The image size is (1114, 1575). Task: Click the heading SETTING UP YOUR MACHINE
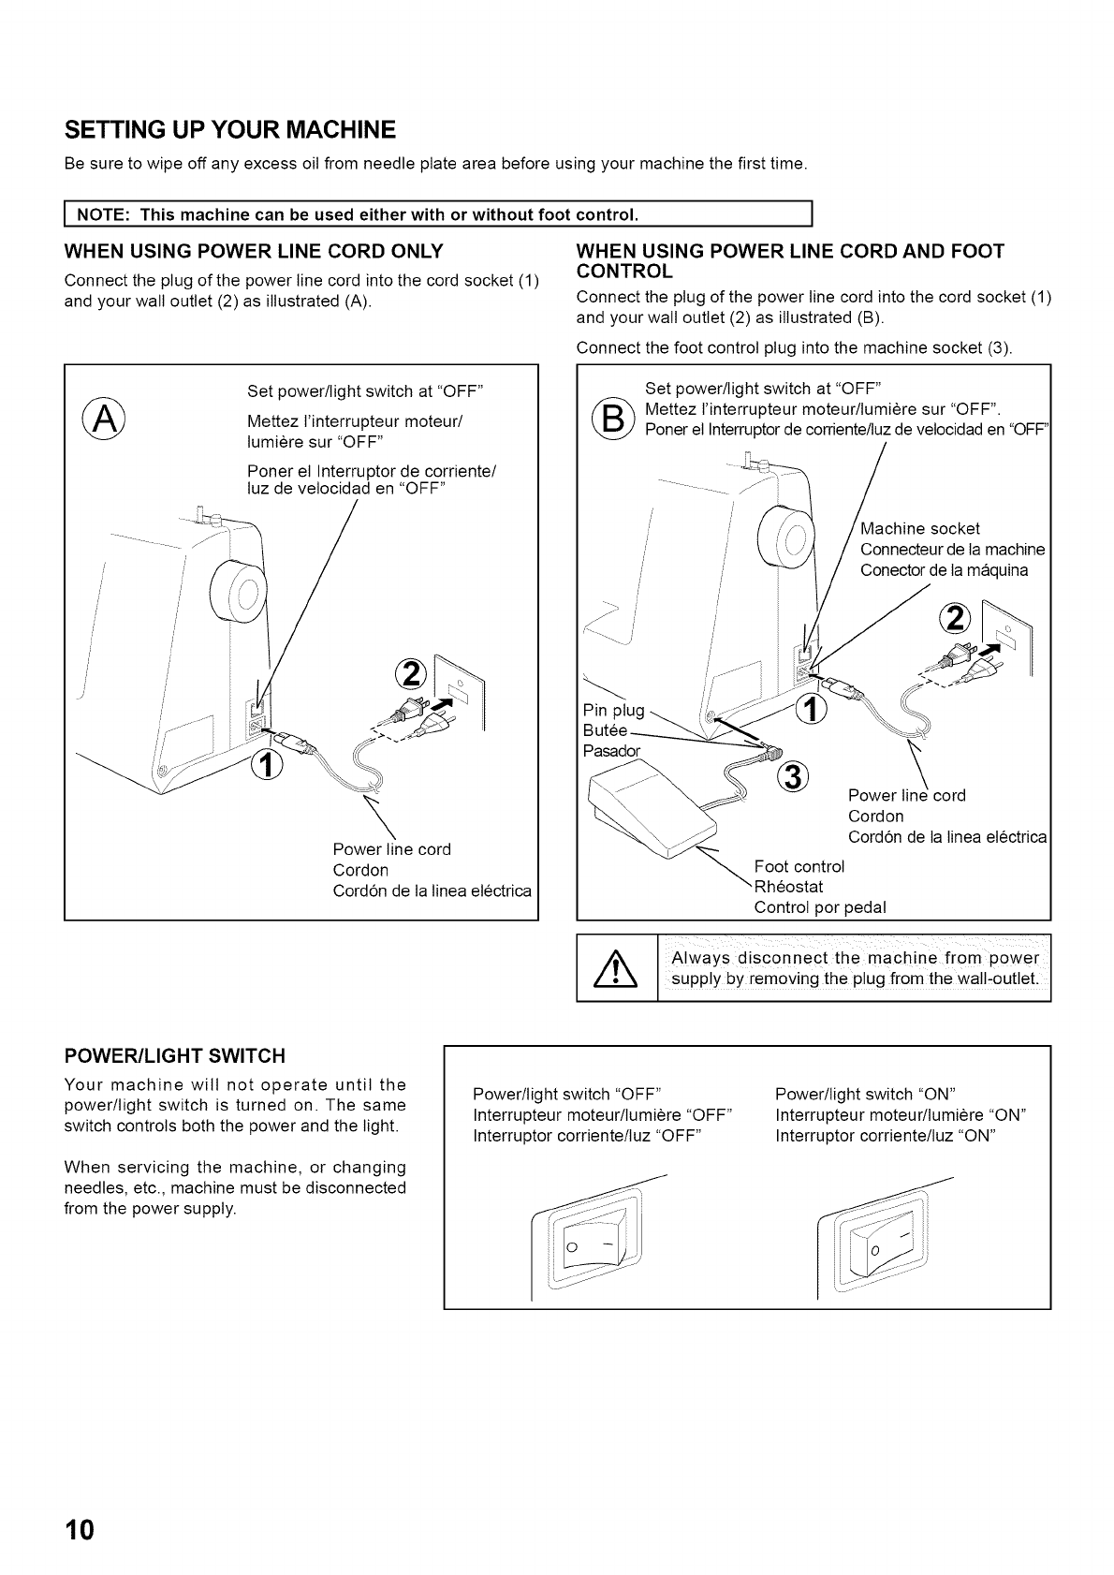tap(229, 128)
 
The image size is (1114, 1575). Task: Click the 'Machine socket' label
tap(920, 529)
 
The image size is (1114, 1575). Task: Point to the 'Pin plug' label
tap(613, 710)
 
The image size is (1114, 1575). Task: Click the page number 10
tap(81, 1530)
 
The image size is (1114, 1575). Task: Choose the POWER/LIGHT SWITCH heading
tap(174, 1056)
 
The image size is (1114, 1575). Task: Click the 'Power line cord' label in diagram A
tap(391, 849)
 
